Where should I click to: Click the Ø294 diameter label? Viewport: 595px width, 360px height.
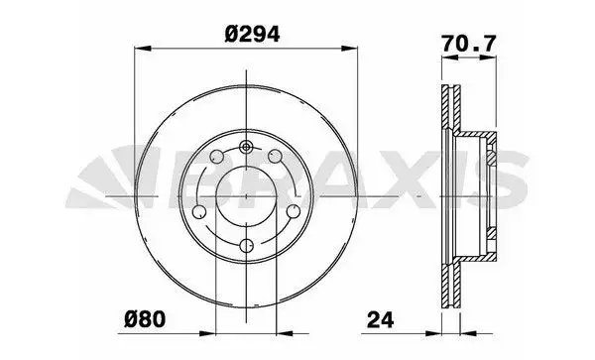(x=252, y=34)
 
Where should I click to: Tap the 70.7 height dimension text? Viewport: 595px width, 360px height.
(x=469, y=44)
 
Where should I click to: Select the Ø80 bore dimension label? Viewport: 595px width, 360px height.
(x=145, y=319)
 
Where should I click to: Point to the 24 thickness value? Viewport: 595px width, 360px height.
(x=381, y=319)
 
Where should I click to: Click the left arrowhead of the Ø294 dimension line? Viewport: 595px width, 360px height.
(x=143, y=49)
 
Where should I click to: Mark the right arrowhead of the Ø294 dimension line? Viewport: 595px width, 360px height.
(x=349, y=49)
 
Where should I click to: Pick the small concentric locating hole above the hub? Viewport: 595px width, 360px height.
(x=246, y=147)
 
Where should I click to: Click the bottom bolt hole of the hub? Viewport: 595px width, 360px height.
(x=247, y=246)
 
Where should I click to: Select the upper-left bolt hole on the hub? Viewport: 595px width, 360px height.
(x=216, y=156)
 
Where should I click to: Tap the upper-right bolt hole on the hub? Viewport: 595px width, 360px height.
(x=275, y=156)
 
